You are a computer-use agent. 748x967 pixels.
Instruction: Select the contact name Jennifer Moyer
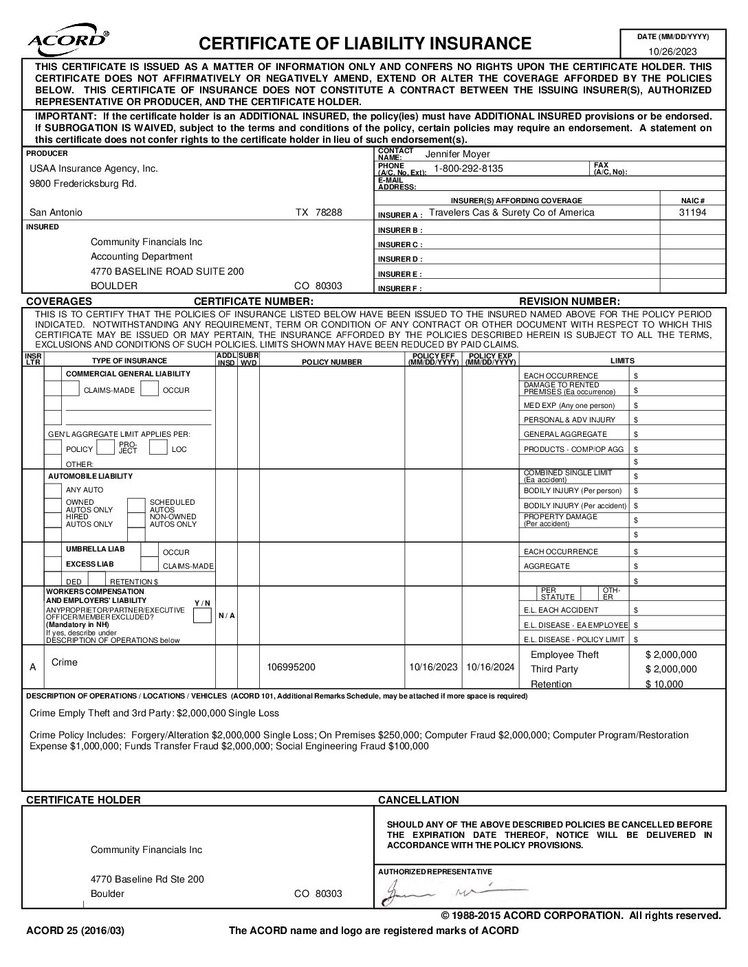tap(457, 154)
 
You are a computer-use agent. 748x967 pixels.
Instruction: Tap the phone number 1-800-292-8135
tap(468, 168)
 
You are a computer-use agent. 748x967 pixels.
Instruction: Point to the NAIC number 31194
tap(692, 212)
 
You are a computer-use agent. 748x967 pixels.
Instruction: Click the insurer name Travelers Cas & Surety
tap(511, 212)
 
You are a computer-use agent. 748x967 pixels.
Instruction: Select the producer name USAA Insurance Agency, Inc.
tap(93, 168)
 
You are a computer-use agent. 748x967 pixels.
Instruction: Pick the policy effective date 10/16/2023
tap(433, 666)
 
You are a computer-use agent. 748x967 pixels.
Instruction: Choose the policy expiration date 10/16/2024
tap(490, 666)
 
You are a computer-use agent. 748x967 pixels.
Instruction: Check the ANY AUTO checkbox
tap(53, 490)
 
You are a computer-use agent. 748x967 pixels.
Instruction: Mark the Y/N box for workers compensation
tap(202, 615)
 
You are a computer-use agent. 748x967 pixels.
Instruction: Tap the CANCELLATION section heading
tap(418, 799)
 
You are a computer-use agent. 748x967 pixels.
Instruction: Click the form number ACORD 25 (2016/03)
tap(75, 931)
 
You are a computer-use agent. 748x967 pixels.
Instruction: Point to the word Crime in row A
tap(65, 662)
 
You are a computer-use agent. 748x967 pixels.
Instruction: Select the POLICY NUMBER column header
tap(331, 361)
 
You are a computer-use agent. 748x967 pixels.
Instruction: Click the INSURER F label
tap(399, 288)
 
